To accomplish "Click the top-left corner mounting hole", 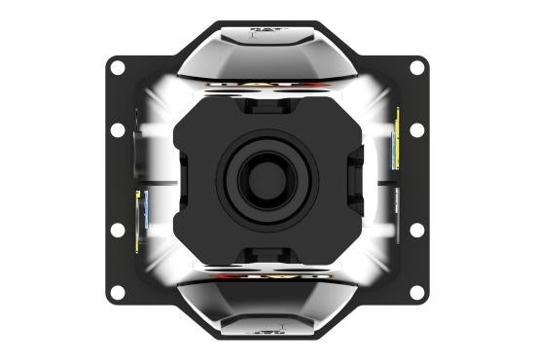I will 117,67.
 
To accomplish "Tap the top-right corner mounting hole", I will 417,67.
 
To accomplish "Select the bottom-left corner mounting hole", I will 117,292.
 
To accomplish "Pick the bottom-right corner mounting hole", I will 417,292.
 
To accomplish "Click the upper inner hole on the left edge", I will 117,129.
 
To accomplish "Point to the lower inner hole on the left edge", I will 117,230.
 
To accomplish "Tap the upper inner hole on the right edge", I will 417,129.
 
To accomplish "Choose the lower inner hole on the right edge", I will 417,230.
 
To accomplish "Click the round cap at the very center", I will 267,180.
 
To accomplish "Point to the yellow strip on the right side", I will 397,136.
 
